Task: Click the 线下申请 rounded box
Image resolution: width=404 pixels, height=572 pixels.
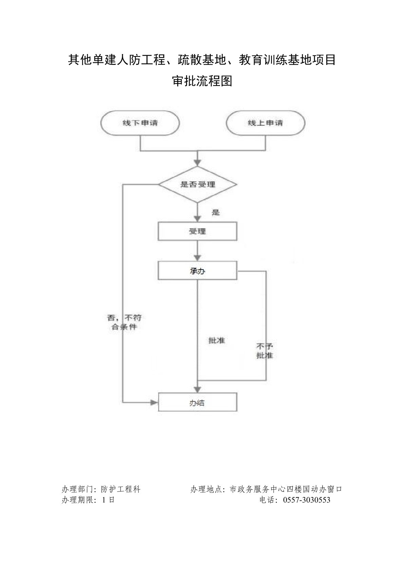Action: (x=140, y=123)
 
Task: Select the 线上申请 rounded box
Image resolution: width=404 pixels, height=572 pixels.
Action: (x=265, y=123)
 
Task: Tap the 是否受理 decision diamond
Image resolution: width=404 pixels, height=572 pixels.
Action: (x=198, y=185)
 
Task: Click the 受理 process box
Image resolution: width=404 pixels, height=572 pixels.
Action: (x=198, y=231)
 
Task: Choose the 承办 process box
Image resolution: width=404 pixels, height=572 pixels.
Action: (x=198, y=271)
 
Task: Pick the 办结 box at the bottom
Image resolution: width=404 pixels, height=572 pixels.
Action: (x=198, y=403)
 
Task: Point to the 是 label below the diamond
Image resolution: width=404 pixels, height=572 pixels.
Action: (x=216, y=212)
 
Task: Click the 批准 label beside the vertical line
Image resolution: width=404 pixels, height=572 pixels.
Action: (x=217, y=340)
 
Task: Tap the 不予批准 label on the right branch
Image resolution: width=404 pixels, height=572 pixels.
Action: (x=265, y=351)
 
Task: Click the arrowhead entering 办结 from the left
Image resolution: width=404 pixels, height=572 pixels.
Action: (x=154, y=403)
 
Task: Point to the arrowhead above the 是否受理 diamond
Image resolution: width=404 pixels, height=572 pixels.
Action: (x=198, y=162)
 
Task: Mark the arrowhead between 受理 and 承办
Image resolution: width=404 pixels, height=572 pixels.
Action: (x=198, y=257)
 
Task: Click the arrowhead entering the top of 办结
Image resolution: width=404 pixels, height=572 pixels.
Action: (x=198, y=389)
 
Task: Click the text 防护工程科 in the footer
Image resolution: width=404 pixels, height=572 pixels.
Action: (x=121, y=489)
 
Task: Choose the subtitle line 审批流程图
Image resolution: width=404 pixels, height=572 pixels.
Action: (x=202, y=82)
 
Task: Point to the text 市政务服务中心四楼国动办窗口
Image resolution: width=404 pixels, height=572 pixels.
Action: (x=286, y=489)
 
